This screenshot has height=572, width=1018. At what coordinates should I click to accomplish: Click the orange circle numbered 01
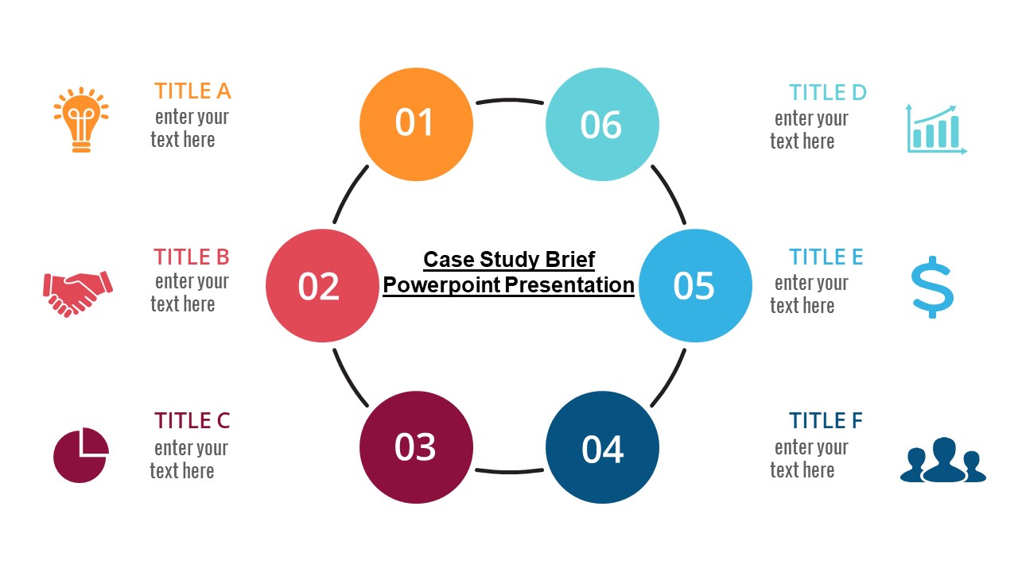[x=416, y=125]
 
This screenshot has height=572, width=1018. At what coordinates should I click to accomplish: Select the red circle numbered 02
[x=322, y=286]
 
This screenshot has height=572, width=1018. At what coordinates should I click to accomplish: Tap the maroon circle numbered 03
[x=416, y=447]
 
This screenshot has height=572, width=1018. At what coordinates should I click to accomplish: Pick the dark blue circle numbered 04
[x=602, y=447]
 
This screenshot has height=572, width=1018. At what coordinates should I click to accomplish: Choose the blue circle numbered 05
[x=696, y=286]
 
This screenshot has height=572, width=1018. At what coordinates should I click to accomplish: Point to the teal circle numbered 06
[x=602, y=125]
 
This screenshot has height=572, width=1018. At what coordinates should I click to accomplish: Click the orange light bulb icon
[x=81, y=120]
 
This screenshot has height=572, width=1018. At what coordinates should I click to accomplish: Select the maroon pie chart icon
[x=80, y=454]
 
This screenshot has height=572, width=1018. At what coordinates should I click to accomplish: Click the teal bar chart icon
[x=936, y=129]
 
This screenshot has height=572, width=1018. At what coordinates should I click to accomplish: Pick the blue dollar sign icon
[x=932, y=287]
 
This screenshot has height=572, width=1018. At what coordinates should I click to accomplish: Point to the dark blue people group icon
[x=943, y=460]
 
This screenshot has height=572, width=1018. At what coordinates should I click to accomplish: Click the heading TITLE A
[x=192, y=91]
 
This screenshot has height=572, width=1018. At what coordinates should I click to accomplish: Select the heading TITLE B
[x=192, y=257]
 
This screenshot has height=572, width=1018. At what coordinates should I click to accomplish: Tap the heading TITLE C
[x=192, y=420]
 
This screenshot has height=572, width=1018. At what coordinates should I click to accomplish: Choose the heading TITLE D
[x=827, y=93]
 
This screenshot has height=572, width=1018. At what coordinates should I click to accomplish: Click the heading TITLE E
[x=826, y=257]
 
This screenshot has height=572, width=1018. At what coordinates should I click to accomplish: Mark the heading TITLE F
[x=826, y=420]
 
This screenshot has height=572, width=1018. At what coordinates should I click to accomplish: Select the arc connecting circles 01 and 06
[x=509, y=100]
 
